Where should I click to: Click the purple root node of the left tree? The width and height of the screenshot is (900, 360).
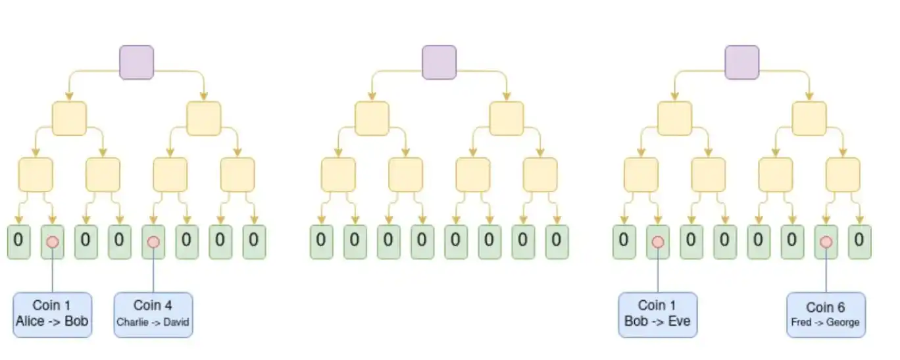(x=137, y=63)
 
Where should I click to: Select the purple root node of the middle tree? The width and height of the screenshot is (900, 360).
(x=439, y=63)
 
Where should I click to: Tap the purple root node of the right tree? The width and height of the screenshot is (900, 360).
(x=742, y=63)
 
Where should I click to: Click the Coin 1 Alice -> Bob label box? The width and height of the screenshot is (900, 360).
(x=52, y=315)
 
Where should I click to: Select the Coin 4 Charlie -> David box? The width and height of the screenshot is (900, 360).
(x=153, y=315)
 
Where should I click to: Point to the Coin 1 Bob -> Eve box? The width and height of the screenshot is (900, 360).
(x=658, y=315)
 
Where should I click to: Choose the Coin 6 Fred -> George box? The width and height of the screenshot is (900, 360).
(x=826, y=315)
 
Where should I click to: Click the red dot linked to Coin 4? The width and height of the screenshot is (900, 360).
(x=153, y=242)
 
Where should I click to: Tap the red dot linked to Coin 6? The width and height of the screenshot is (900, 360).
(x=826, y=242)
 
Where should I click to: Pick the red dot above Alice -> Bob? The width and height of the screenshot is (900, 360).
(x=53, y=242)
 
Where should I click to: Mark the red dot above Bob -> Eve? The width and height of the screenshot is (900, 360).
(x=658, y=242)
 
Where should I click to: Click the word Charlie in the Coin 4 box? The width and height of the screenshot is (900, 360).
(x=132, y=322)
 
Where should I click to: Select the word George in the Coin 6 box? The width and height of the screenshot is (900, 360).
(x=843, y=322)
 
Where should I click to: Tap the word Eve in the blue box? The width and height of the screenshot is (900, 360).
(x=680, y=321)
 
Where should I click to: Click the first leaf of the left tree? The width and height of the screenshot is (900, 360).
(x=19, y=242)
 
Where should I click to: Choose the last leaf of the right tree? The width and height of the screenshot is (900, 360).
(x=860, y=242)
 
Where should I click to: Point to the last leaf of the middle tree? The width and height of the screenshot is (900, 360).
(x=557, y=242)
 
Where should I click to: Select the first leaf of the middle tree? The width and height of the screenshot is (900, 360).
(x=322, y=242)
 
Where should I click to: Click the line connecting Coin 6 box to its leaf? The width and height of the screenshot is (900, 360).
(x=826, y=270)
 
